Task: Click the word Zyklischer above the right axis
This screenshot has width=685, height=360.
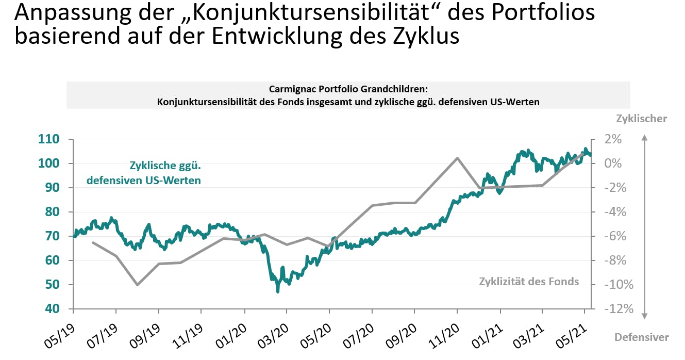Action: pyautogui.click(x=641, y=119)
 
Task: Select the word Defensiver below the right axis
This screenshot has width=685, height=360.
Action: pyautogui.click(x=641, y=337)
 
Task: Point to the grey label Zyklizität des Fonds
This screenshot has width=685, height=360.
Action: pyautogui.click(x=529, y=282)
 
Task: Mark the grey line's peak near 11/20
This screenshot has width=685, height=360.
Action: pyautogui.click(x=457, y=158)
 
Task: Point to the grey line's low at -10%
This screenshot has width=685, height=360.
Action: pyautogui.click(x=137, y=285)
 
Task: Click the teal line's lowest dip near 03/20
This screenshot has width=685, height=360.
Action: pyautogui.click(x=278, y=292)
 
